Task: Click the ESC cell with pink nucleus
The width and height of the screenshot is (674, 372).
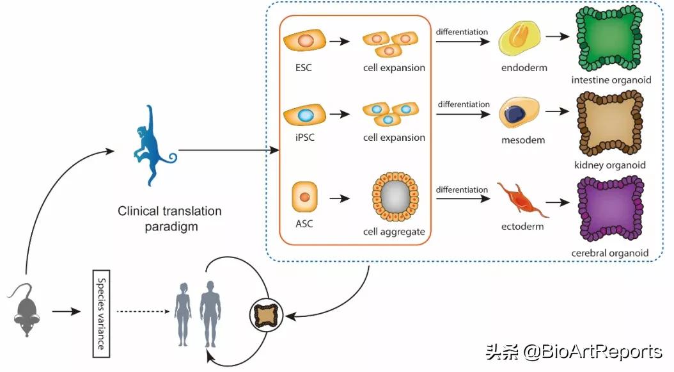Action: coord(305,41)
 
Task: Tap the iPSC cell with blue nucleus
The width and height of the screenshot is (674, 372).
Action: coord(305,115)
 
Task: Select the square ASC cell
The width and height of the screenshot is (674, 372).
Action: coord(304,197)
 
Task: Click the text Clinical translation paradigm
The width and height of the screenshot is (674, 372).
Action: coord(169,218)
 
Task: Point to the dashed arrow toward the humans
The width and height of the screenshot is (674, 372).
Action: coord(143,312)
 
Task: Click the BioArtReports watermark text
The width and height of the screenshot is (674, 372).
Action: coord(574,351)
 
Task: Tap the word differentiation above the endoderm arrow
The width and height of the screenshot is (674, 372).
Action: coord(462,32)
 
